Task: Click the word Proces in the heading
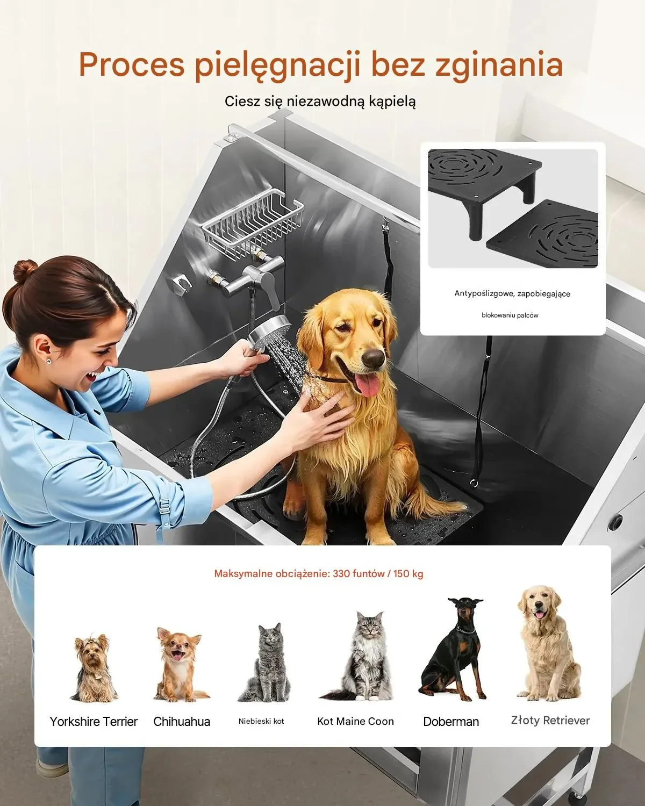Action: (x=132, y=64)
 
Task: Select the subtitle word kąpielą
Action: (x=392, y=102)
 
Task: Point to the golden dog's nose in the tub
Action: (x=373, y=357)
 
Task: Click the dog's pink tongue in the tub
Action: (x=368, y=386)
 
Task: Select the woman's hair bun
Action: (x=25, y=270)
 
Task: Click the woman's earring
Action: (x=48, y=362)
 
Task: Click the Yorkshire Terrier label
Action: (x=94, y=721)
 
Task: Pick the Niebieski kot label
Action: (x=261, y=721)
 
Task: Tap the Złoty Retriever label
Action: (x=550, y=720)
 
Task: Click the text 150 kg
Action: (x=408, y=574)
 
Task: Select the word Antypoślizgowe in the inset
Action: (x=478, y=293)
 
